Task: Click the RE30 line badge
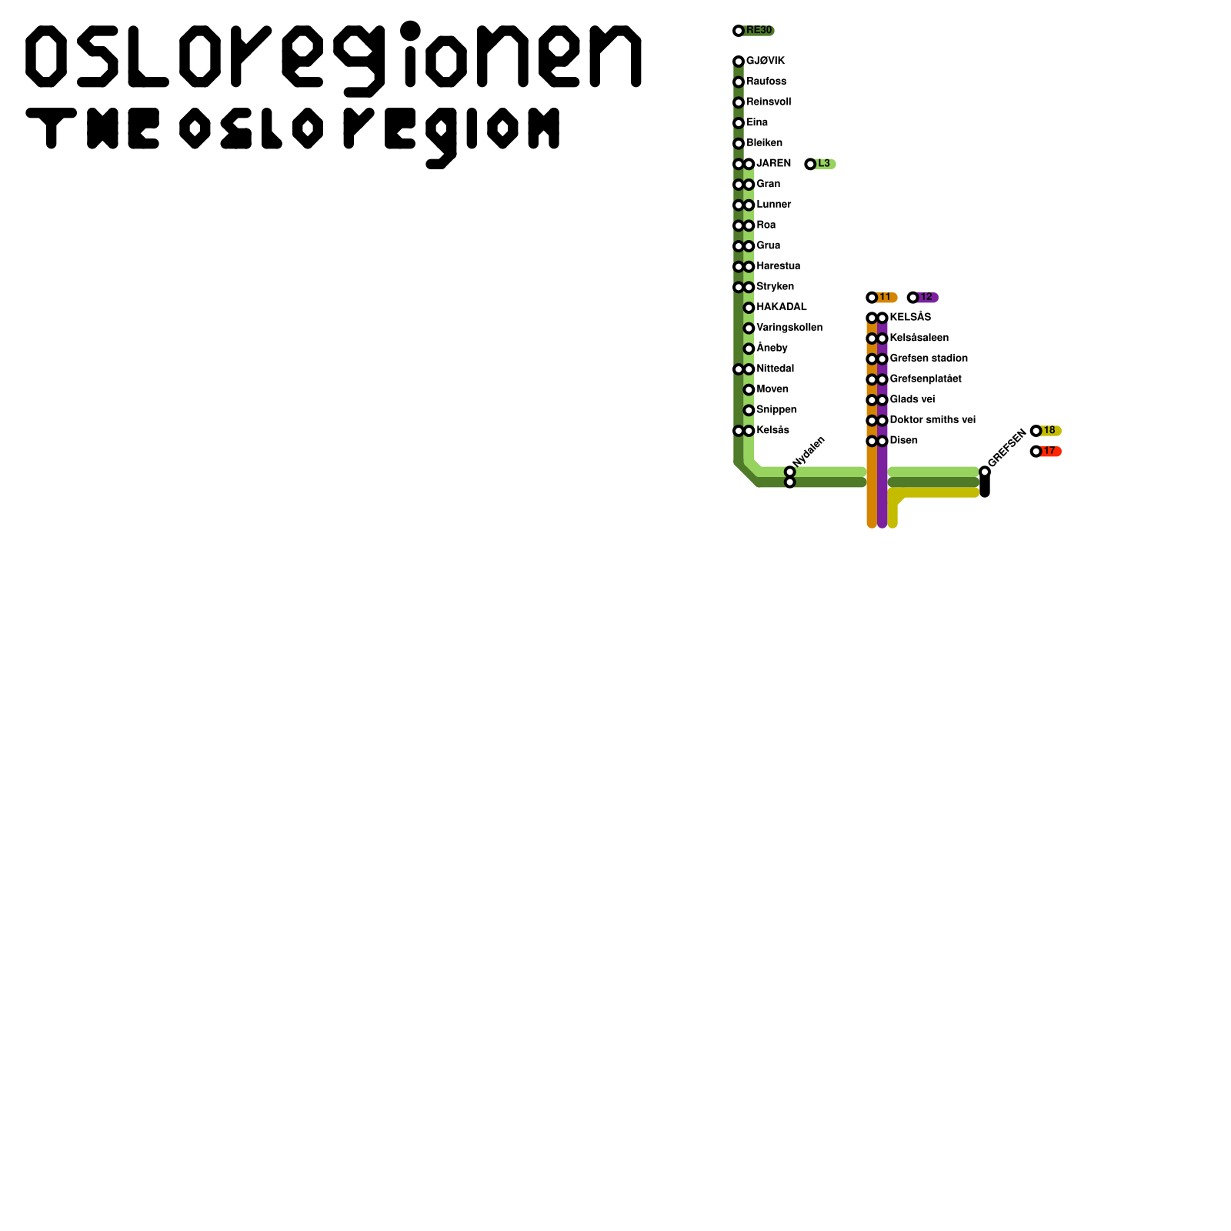click(757, 31)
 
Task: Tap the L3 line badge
click(822, 164)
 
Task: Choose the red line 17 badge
click(1049, 452)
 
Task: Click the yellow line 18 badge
click(1049, 431)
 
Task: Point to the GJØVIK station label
click(766, 62)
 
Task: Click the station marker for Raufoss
click(739, 82)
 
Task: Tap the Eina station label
click(757, 122)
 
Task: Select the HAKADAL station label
click(781, 307)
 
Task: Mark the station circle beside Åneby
click(749, 349)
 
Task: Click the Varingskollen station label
click(789, 328)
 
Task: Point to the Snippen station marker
click(749, 410)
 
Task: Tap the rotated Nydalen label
click(809, 451)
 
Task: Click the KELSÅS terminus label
click(910, 317)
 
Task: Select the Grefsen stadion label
click(929, 359)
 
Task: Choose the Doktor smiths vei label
click(932, 420)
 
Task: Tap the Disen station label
click(903, 441)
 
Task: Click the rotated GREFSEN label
click(1006, 448)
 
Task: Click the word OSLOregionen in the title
click(333, 58)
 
